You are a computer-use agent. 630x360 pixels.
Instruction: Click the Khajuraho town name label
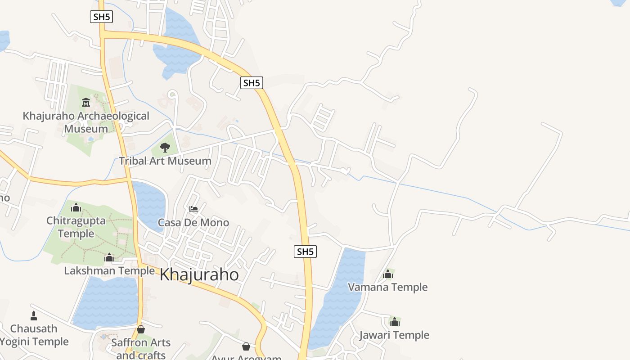coord(199,274)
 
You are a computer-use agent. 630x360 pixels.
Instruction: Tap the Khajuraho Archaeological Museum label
coord(86,122)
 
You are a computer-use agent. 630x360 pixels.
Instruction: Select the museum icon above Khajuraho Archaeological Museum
coord(86,103)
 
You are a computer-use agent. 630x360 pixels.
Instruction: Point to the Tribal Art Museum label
coord(165,161)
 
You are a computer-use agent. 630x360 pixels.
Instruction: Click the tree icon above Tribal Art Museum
coord(165,147)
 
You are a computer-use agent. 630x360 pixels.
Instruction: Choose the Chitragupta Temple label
coord(76,227)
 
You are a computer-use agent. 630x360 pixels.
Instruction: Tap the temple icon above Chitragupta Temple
coord(76,207)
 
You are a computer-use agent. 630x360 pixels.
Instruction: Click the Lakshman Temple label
coord(109,270)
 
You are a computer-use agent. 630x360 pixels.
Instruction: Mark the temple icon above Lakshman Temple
coord(109,257)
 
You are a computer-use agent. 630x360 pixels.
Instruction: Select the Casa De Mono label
coord(193,222)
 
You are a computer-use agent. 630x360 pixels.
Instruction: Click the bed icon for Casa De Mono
coord(193,209)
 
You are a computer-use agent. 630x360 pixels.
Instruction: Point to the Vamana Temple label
coord(388,287)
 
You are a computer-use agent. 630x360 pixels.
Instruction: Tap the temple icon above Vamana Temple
coord(388,274)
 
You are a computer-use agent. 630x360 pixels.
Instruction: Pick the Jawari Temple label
coord(394,335)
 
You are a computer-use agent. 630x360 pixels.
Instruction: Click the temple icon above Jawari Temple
coord(395,322)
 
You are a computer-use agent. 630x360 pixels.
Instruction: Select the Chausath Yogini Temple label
coord(34,335)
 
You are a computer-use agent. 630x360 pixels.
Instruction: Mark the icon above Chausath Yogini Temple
coord(34,315)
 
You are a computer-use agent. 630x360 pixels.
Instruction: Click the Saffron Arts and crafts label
coord(141,348)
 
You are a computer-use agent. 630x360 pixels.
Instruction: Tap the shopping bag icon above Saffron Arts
coord(141,329)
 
